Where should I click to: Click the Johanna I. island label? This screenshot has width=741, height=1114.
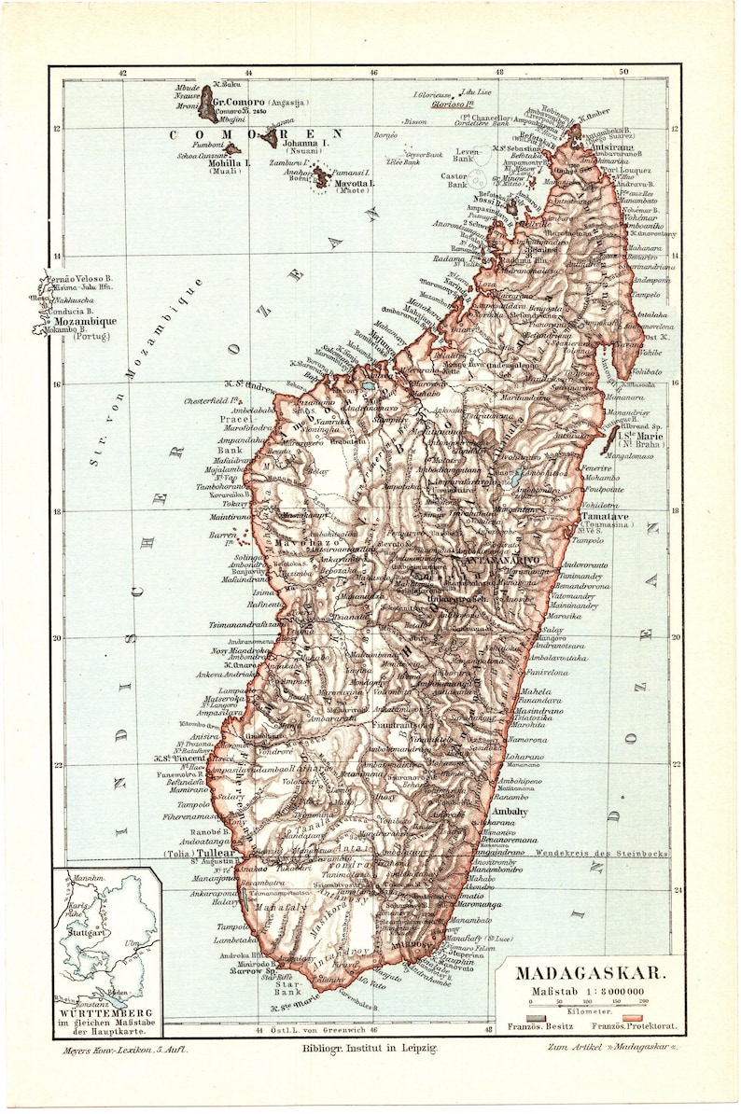(306, 143)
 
